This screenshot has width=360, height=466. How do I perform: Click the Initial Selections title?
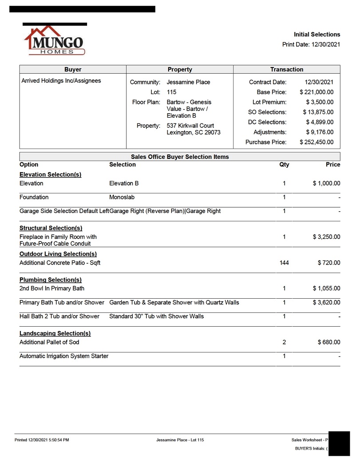[x=316, y=34]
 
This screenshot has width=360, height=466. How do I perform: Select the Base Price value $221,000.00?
[x=316, y=92]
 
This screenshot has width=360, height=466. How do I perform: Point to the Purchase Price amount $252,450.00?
[x=316, y=142]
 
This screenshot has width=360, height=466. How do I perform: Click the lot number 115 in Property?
[x=172, y=92]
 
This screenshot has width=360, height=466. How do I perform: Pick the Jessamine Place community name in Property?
[x=188, y=82]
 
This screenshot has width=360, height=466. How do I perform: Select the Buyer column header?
[x=73, y=69]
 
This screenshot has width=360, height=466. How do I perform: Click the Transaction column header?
[x=287, y=69]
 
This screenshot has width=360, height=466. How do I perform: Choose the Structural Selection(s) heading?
[x=51, y=228]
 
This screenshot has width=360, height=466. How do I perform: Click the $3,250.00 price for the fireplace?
[x=326, y=237]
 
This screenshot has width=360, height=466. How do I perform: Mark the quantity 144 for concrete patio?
[x=284, y=263]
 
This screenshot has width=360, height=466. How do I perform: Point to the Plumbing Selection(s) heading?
[x=50, y=280]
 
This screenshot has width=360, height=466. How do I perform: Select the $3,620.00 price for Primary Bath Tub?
[x=326, y=303]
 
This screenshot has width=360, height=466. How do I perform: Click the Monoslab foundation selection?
[x=122, y=197]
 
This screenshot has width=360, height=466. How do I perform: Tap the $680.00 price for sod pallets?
[x=328, y=342]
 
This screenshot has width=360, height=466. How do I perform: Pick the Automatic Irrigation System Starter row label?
[x=64, y=356]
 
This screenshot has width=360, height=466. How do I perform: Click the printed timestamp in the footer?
[x=42, y=440]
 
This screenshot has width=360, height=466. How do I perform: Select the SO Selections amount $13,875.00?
[x=318, y=112]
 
